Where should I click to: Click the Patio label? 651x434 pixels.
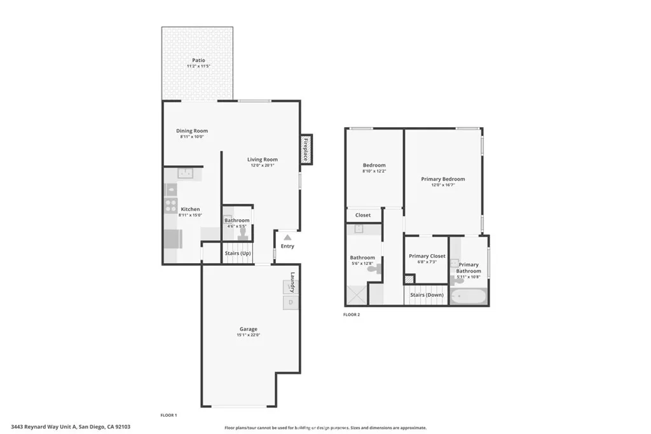click(x=198, y=60)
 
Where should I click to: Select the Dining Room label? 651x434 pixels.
click(x=192, y=131)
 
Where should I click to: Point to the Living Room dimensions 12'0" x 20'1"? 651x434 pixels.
click(x=262, y=165)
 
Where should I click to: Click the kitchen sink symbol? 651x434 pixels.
click(x=186, y=173)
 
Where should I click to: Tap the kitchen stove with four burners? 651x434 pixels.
click(x=171, y=205)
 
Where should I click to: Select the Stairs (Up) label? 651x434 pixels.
click(x=238, y=254)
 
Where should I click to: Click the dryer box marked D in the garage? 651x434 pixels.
click(x=291, y=302)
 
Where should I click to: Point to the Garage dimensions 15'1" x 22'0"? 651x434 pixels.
click(x=249, y=334)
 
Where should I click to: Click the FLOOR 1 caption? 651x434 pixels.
click(x=168, y=415)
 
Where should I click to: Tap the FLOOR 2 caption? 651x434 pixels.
click(x=352, y=315)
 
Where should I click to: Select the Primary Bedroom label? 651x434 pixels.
click(x=443, y=179)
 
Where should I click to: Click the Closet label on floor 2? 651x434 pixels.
click(x=363, y=215)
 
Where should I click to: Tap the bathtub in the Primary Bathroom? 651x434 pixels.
click(x=469, y=297)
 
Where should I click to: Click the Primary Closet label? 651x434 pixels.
click(x=427, y=256)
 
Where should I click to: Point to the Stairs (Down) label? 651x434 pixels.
click(x=427, y=295)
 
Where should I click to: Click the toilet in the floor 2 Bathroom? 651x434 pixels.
click(x=374, y=269)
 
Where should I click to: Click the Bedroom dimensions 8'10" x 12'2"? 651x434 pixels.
click(x=374, y=171)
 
